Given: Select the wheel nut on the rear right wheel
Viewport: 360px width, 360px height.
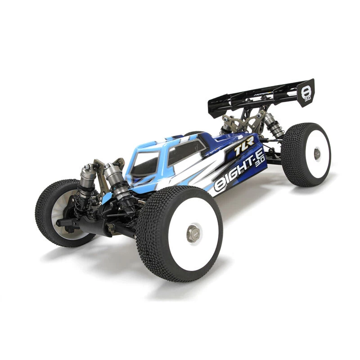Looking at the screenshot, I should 317,154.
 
